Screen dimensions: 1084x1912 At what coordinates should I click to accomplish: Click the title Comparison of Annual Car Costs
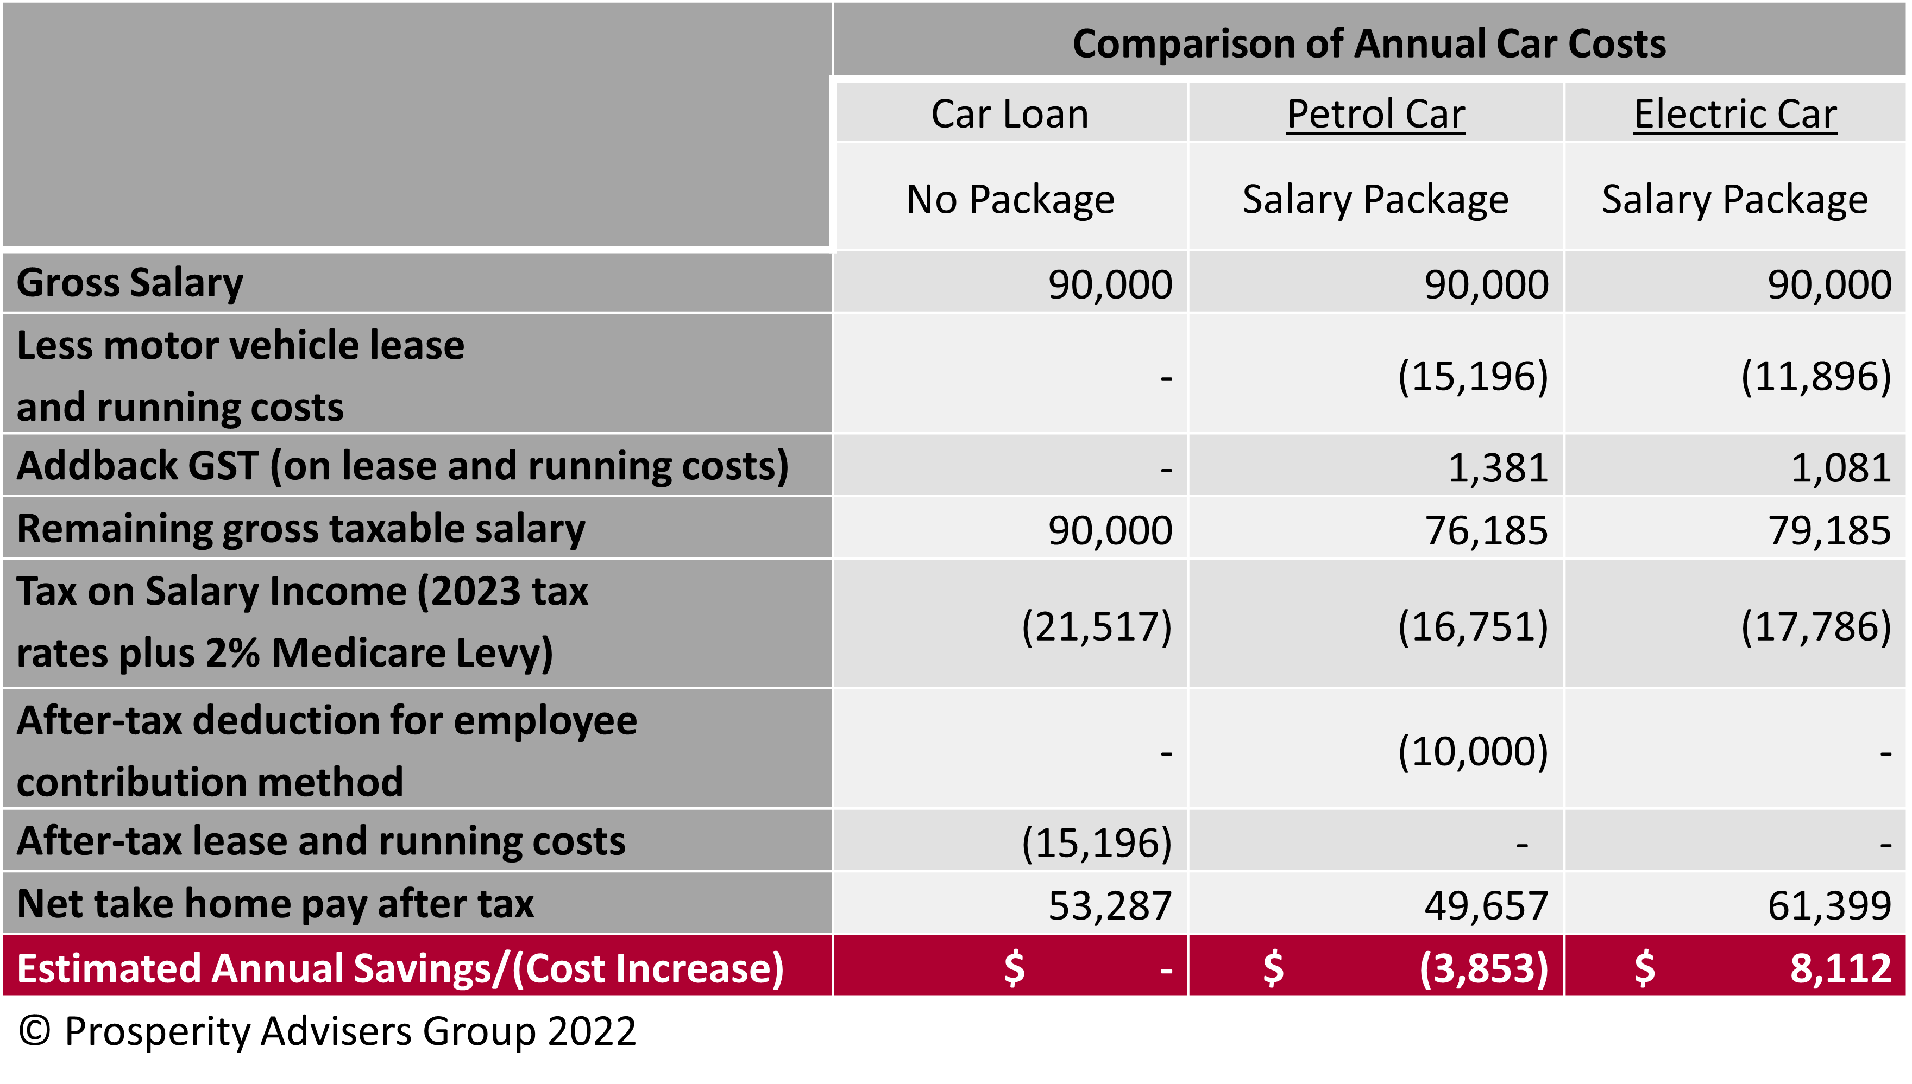coord(1368,43)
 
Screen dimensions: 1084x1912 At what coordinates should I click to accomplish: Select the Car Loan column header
coord(1009,114)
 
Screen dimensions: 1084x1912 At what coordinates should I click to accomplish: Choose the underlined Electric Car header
coord(1735,114)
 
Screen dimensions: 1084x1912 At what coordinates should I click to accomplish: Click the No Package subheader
coord(1009,200)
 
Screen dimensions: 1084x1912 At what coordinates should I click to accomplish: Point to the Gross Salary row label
coord(130,283)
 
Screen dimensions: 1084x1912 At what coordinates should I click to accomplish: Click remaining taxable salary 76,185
coord(1486,530)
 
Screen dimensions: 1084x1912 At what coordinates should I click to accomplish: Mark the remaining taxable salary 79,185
coord(1829,530)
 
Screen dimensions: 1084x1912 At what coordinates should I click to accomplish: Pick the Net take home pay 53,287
coord(1110,905)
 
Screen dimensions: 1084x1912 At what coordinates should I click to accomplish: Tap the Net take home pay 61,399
coord(1829,905)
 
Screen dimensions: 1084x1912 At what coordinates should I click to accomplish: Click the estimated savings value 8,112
coord(1840,968)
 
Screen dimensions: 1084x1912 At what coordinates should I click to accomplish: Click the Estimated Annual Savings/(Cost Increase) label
coord(400,968)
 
